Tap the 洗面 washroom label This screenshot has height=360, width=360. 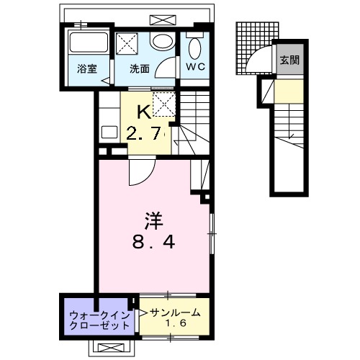point(140,69)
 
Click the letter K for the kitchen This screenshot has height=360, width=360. point(144,113)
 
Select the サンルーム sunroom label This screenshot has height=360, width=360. point(174,312)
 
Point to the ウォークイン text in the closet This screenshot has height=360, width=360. point(99,315)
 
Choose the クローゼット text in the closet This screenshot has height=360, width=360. point(99,325)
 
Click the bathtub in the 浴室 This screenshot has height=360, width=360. point(89,45)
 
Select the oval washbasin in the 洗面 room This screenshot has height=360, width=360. point(163,43)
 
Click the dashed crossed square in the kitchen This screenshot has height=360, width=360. point(163,105)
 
